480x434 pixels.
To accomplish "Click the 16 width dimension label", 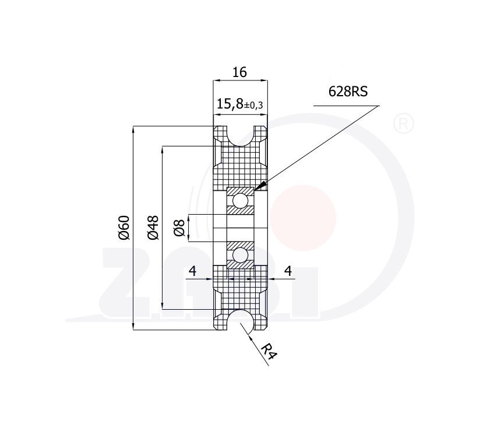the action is click(x=239, y=72).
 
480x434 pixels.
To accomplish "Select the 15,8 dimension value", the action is click(x=230, y=104).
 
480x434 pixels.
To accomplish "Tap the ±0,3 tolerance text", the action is click(x=253, y=106).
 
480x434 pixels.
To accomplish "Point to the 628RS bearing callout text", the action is click(x=348, y=92).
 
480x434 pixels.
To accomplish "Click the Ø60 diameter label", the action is click(x=125, y=228).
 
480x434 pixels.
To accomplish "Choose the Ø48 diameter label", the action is click(x=153, y=228).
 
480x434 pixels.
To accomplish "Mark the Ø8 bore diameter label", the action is click(x=179, y=228).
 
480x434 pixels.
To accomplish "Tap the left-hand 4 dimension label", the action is click(x=193, y=271).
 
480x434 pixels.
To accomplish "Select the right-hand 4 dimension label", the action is click(x=288, y=271).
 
